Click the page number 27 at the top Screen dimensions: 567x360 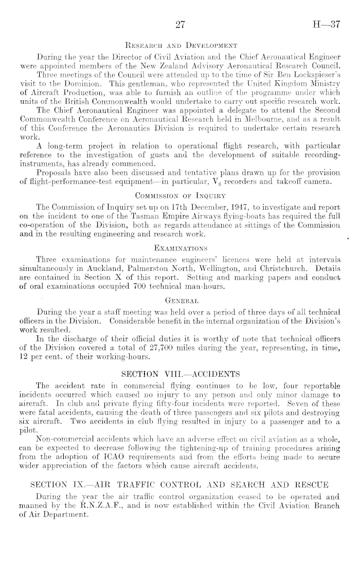pos(180,23)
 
